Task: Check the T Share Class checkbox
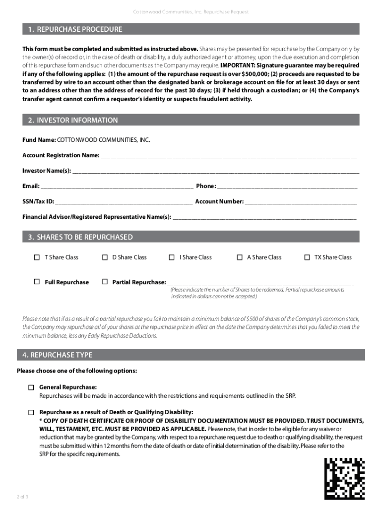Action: tap(37, 257)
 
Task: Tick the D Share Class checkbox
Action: tap(105, 257)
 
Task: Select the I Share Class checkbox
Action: tap(172, 257)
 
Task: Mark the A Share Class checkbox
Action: tap(240, 257)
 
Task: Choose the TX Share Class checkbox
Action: tap(307, 257)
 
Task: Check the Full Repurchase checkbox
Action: tap(37, 282)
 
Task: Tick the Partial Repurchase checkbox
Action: tap(105, 282)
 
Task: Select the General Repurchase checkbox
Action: tap(31, 387)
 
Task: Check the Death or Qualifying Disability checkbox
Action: tap(31, 413)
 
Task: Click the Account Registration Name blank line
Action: tap(229, 156)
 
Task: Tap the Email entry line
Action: tap(117, 187)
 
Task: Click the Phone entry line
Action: tap(287, 187)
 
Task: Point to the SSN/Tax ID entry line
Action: tap(124, 202)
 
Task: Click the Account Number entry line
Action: tap(301, 202)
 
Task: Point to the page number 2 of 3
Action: tap(23, 497)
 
